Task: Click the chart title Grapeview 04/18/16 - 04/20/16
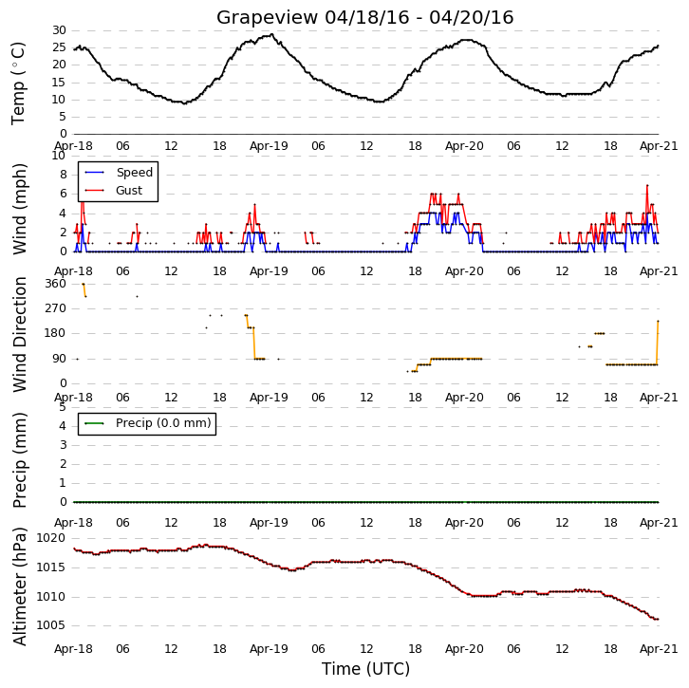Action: click(364, 18)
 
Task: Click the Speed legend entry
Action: click(119, 172)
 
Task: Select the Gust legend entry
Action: click(114, 190)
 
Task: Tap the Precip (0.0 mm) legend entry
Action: click(148, 423)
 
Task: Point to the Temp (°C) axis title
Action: click(18, 84)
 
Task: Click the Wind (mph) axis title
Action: click(19, 209)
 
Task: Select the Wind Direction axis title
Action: click(19, 334)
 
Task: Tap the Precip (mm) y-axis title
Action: click(19, 460)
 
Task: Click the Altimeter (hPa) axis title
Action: click(19, 586)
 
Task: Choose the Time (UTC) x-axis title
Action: click(365, 669)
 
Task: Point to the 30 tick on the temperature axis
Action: click(59, 30)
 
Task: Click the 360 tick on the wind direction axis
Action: click(55, 284)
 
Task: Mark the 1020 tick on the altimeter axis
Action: click(51, 538)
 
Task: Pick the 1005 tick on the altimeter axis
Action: click(51, 625)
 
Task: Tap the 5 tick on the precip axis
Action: click(63, 407)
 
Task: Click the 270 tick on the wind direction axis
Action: click(55, 308)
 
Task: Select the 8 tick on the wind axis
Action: click(64, 175)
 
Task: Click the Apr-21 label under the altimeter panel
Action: click(659, 649)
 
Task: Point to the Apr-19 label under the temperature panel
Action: click(269, 146)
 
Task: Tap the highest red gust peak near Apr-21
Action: click(647, 185)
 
